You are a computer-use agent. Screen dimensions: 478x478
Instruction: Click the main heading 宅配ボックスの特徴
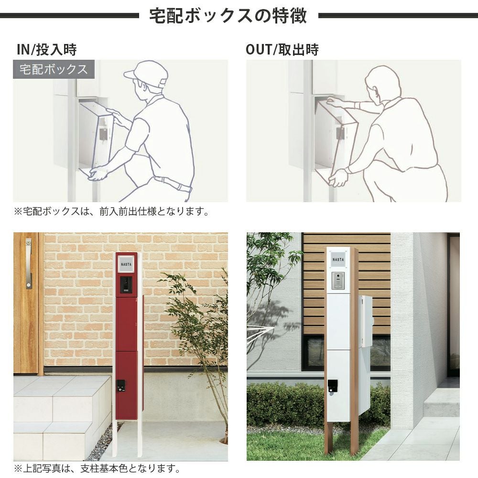(228, 16)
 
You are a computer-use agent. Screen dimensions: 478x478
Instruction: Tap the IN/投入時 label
(47, 49)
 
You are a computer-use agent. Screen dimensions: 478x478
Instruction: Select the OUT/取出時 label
(282, 49)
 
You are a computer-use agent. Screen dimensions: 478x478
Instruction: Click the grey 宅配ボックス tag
(54, 69)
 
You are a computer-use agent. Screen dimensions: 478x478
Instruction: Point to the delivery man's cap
(146, 74)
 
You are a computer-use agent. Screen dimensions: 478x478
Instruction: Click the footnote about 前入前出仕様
(111, 211)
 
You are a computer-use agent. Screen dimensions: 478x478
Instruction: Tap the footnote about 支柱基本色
(97, 468)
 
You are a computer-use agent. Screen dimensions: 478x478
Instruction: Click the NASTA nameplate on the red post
(126, 264)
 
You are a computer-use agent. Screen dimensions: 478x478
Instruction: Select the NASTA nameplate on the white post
(338, 260)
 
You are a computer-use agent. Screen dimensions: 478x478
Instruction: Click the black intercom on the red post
(126, 285)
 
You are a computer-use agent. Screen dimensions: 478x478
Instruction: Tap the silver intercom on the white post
(338, 281)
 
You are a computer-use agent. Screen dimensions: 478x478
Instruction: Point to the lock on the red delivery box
(121, 386)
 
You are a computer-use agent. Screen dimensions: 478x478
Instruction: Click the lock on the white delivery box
(333, 387)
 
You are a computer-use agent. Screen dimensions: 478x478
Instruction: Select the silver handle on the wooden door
(29, 263)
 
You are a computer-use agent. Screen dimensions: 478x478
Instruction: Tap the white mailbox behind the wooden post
(365, 355)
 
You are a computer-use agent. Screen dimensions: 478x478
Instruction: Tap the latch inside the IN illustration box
(103, 134)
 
